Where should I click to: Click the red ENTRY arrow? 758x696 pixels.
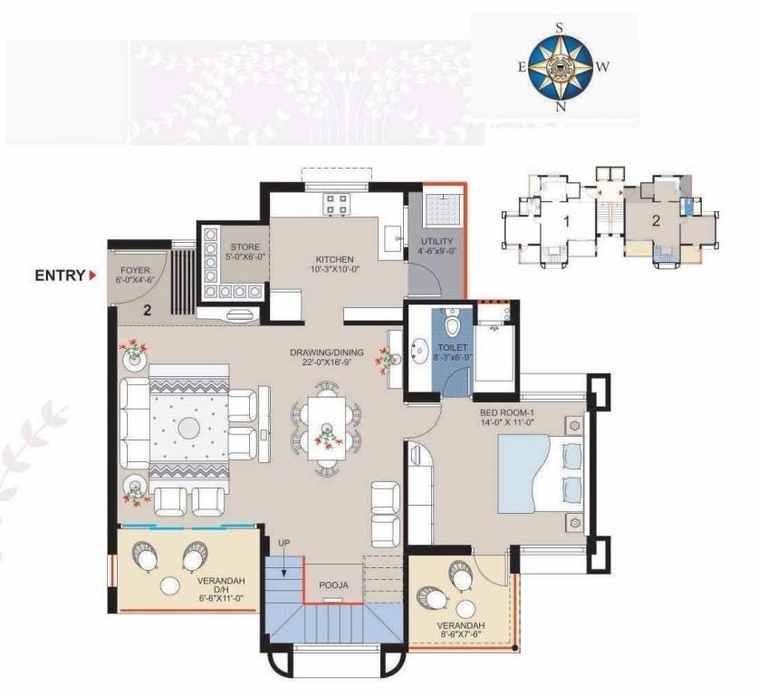click(x=92, y=275)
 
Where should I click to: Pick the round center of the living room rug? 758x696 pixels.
click(x=190, y=427)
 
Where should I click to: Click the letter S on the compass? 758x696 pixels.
click(x=561, y=27)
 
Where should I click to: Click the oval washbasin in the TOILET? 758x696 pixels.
click(x=422, y=348)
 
